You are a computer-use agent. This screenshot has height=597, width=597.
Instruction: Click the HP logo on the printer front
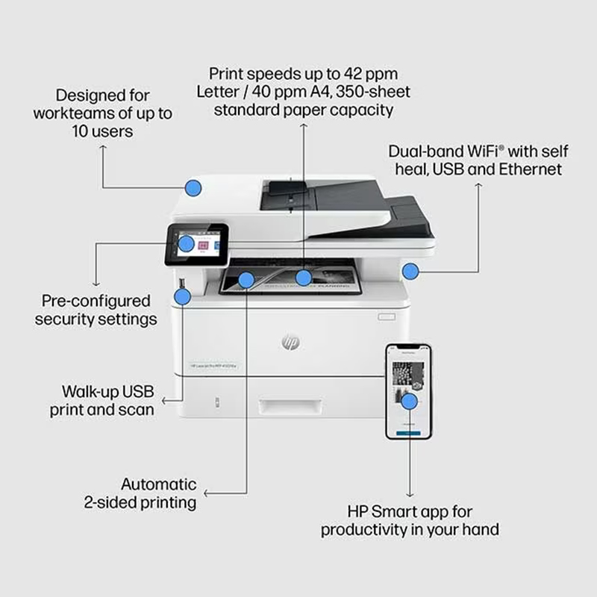pos(290,342)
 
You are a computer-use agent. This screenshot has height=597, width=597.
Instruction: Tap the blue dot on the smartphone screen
pos(408,401)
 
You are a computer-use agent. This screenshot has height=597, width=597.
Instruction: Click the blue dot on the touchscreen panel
pos(187,243)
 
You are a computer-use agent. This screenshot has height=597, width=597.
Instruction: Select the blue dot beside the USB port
pos(182,297)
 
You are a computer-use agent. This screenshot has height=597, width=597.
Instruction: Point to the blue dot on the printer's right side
pos(410,271)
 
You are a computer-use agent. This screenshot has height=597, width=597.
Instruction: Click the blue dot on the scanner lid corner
pos(193,187)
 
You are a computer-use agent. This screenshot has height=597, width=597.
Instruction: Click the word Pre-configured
pos(96,301)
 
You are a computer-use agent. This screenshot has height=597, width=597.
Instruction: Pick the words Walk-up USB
pos(107,391)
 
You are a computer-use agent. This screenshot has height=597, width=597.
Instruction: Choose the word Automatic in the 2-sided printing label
pos(159,484)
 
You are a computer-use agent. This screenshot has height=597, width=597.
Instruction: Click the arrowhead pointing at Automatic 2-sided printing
pos(207,493)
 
